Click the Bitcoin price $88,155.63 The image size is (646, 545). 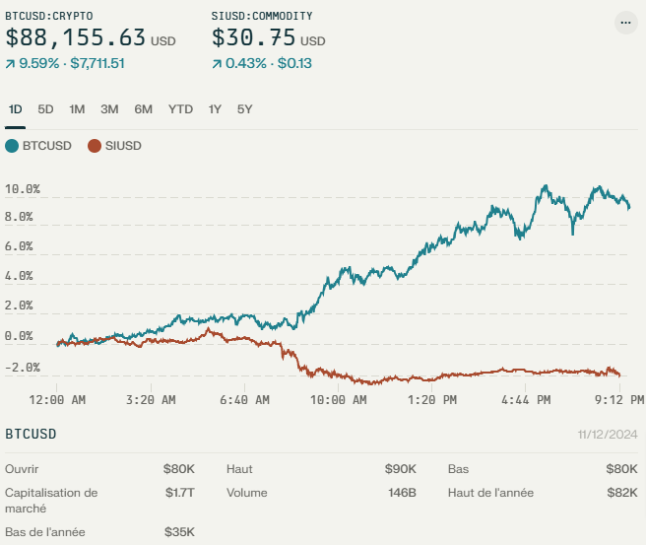[76, 38]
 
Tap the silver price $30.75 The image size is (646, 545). [252, 38]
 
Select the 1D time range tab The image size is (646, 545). [15, 109]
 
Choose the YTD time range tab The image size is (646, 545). [180, 109]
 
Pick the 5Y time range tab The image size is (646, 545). [244, 109]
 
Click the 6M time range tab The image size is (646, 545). [144, 109]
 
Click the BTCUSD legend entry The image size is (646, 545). [38, 146]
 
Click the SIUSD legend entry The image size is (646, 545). [115, 146]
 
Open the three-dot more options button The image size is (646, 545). [625, 23]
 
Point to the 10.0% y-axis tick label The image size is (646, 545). [23, 188]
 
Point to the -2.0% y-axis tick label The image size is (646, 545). [23, 368]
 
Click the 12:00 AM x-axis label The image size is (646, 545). [58, 400]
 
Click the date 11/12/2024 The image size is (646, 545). [609, 435]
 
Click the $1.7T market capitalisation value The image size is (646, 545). [179, 492]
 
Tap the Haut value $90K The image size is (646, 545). [401, 469]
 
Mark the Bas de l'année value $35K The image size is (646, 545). [179, 532]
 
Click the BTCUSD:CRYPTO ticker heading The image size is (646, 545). [49, 16]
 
